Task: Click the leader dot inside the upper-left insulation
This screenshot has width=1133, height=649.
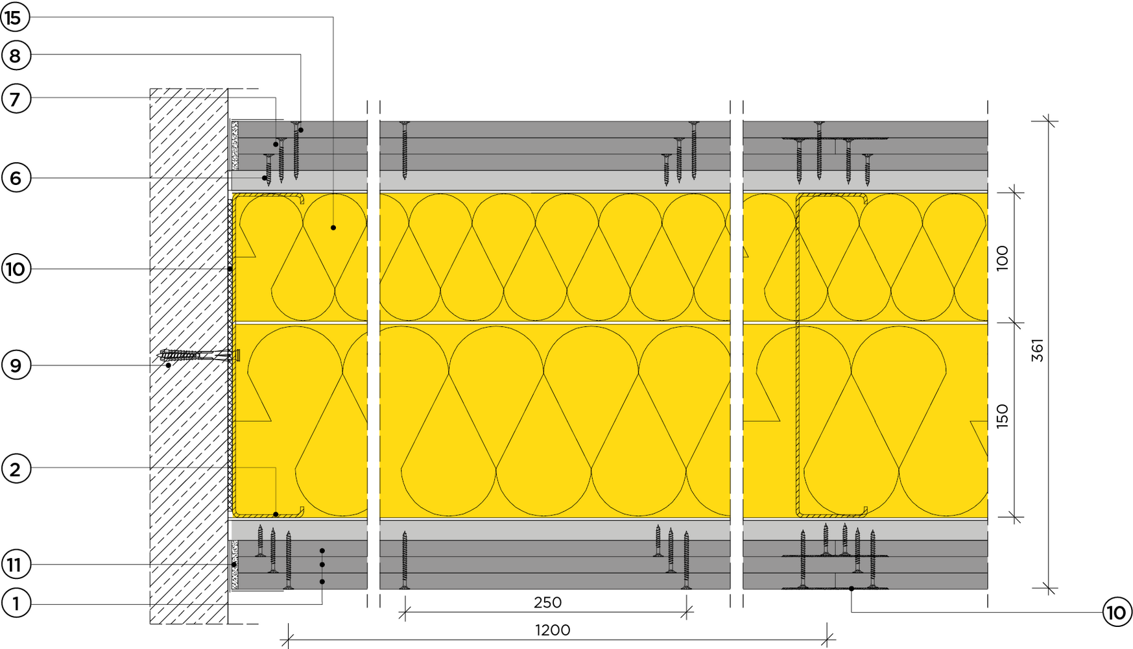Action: [333, 228]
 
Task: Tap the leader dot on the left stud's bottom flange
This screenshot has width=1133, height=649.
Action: [276, 515]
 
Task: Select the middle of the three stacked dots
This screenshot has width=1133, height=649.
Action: [322, 565]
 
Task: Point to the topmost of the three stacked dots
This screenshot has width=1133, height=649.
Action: [322, 551]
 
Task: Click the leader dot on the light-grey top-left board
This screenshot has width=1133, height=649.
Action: [265, 178]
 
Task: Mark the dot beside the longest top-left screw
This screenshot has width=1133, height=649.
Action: [301, 130]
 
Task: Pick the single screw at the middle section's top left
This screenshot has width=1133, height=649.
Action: [404, 150]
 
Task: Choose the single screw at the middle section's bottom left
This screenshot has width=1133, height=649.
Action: [404, 559]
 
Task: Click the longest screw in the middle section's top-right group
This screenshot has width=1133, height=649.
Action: [693, 150]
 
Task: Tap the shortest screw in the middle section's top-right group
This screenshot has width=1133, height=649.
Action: [666, 169]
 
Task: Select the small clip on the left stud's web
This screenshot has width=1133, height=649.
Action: [237, 355]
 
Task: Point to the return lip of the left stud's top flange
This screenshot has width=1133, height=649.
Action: [302, 200]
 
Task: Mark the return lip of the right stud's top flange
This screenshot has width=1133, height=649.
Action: [865, 199]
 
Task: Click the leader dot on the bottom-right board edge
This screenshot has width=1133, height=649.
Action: [852, 588]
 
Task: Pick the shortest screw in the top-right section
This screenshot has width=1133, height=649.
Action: [867, 169]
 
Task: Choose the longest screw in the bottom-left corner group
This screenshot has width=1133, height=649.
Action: [289, 559]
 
